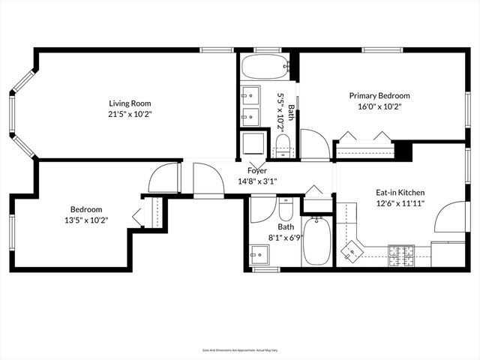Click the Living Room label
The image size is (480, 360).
(x=130, y=103)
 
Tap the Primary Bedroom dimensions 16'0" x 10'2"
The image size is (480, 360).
(x=379, y=106)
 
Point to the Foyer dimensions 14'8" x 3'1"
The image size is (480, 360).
(x=257, y=181)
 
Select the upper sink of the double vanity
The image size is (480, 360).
(x=250, y=96)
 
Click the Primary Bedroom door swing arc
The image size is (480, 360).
(x=313, y=144)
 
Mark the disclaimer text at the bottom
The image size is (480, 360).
(x=240, y=349)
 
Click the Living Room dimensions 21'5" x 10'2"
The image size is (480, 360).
(x=130, y=115)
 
